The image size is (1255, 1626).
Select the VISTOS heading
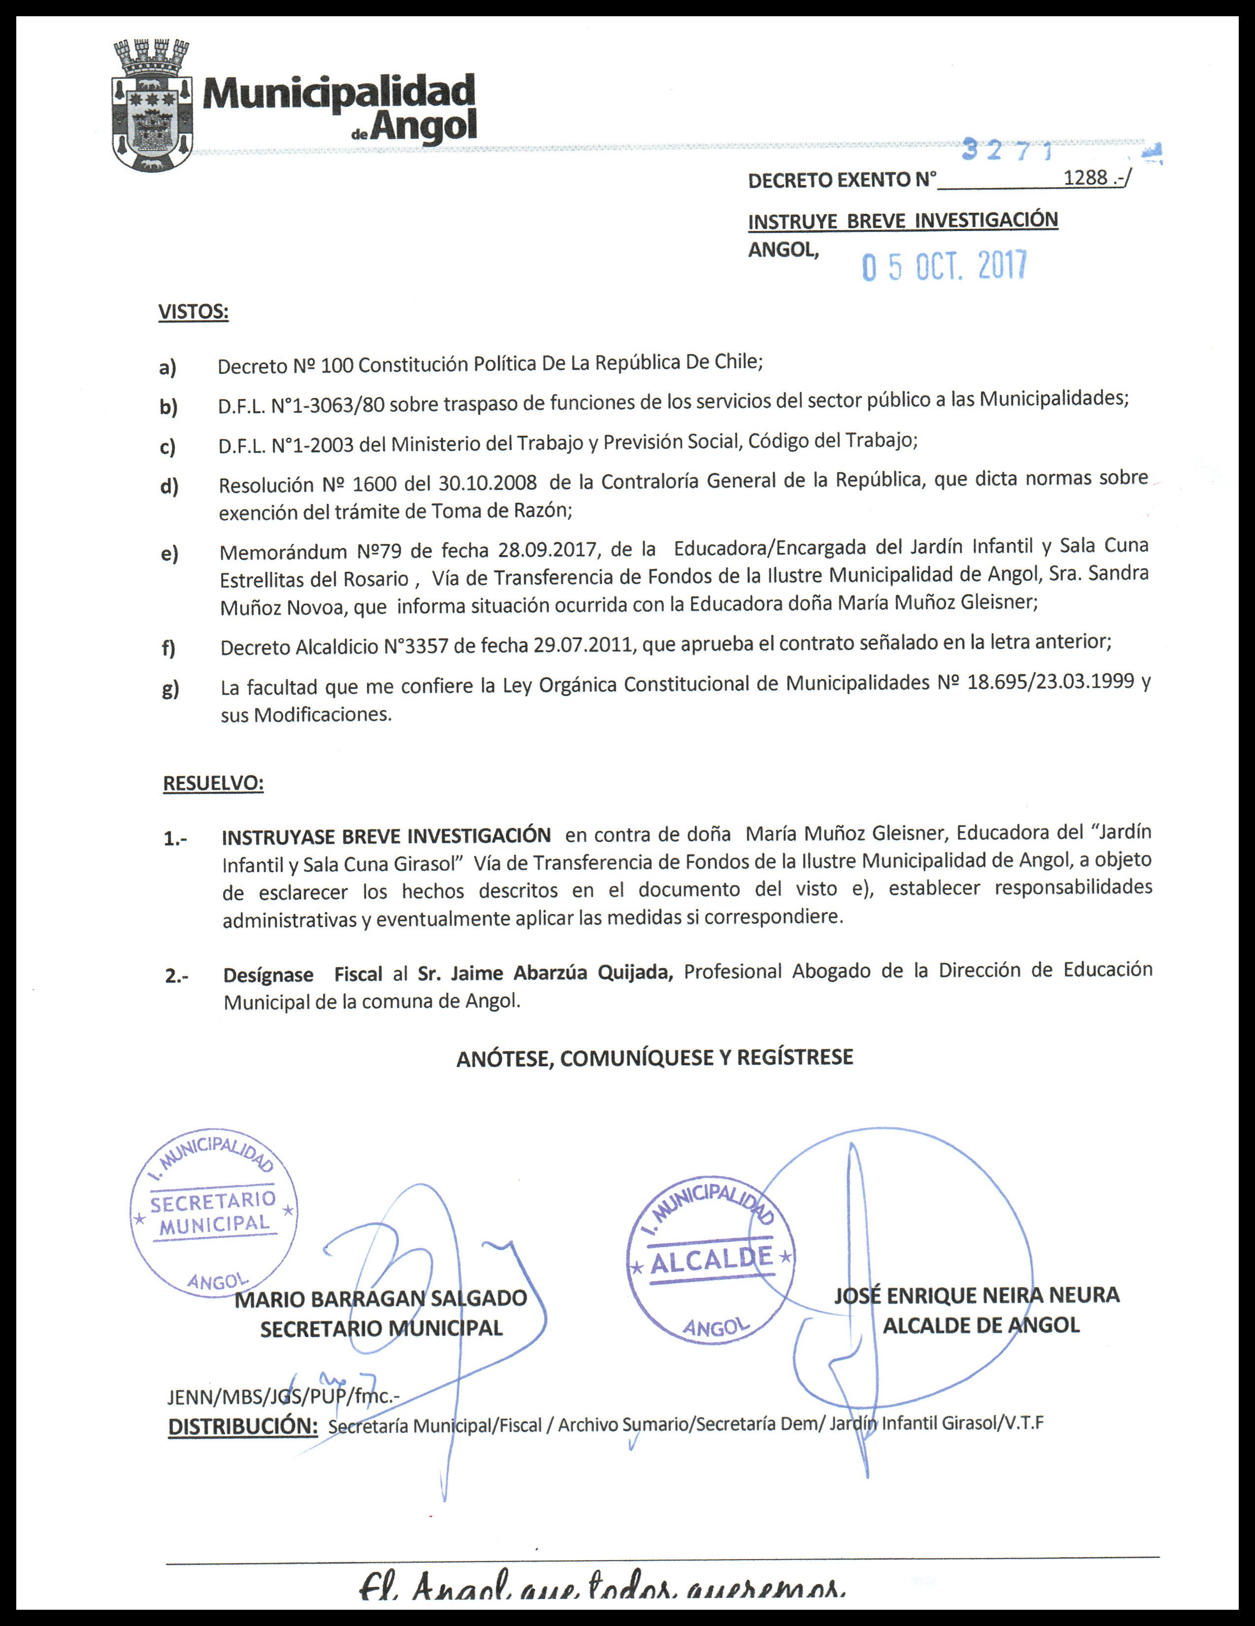[193, 311]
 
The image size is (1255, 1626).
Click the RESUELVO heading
[213, 783]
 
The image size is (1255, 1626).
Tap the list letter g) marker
[170, 689]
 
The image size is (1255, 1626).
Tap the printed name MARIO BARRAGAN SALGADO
[380, 1299]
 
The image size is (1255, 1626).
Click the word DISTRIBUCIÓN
[243, 1426]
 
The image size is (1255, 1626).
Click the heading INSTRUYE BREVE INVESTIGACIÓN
[903, 221]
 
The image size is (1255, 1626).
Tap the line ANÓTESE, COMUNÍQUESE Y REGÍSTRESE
[655, 1057]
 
